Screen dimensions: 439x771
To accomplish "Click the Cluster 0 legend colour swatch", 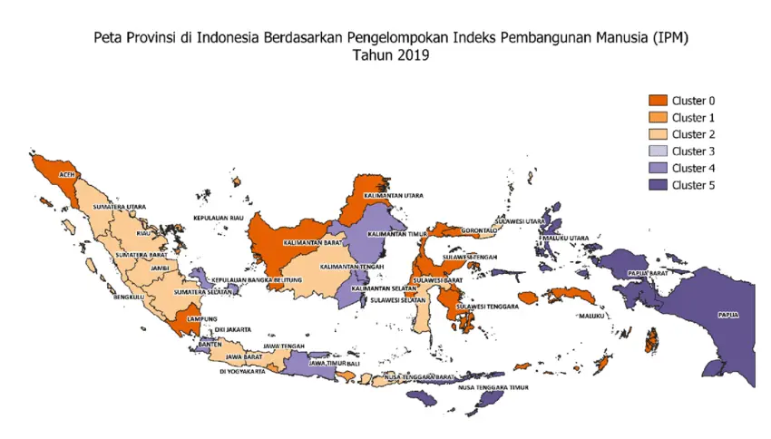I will [658, 100].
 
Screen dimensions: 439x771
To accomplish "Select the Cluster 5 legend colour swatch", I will [658, 186].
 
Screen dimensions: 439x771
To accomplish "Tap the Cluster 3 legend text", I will [694, 151].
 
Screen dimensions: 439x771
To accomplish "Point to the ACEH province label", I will [65, 174].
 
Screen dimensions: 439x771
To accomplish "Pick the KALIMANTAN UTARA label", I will [393, 195].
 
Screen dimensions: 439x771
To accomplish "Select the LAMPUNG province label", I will [200, 319].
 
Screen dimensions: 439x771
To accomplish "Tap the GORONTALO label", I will [478, 230].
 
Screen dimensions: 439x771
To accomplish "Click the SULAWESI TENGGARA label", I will [487, 307].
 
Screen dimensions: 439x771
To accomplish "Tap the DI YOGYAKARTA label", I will [242, 371].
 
